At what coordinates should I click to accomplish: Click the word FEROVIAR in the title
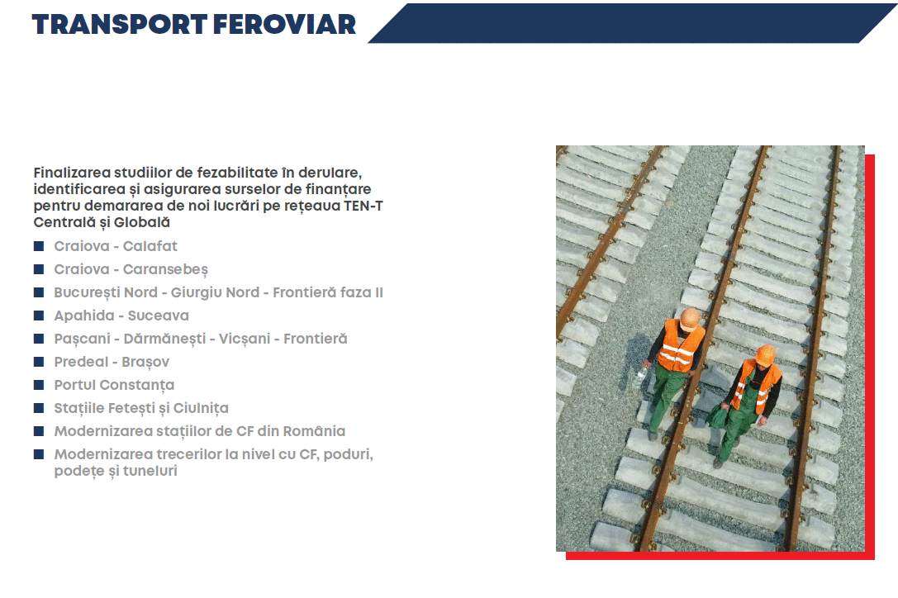tap(284, 25)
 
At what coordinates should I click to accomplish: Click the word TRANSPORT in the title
tap(119, 25)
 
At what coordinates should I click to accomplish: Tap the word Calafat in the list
tap(150, 246)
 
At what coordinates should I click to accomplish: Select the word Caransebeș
tap(165, 270)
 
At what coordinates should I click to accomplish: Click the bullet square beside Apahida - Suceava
tap(39, 316)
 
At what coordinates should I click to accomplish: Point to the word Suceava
tap(158, 316)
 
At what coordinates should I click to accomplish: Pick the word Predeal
tap(81, 362)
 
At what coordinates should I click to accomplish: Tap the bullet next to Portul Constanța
tap(39, 385)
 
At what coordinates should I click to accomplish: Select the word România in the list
tap(314, 431)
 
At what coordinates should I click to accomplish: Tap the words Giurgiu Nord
tap(216, 292)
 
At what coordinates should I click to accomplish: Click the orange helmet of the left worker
tap(690, 319)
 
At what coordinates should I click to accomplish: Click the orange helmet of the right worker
tap(765, 355)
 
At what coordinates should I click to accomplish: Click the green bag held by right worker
tap(719, 415)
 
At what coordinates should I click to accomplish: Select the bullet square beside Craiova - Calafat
tap(39, 246)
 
